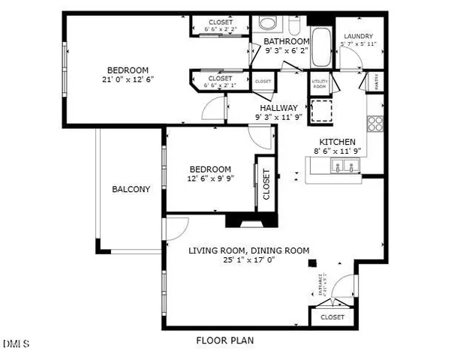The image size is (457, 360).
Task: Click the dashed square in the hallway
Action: click(322, 109)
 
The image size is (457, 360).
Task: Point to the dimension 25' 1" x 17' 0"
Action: click(248, 260)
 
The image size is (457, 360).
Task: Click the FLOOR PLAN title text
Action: click(225, 340)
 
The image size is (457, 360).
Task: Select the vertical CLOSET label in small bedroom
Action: click(266, 183)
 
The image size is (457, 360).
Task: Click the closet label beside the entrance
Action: click(332, 317)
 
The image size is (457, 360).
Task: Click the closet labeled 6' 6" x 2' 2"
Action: click(221, 25)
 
